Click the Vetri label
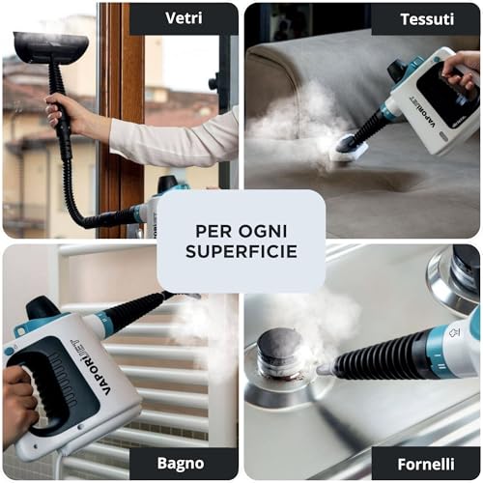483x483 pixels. click(x=184, y=18)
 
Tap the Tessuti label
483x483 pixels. click(x=427, y=19)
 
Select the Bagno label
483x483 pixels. click(x=181, y=464)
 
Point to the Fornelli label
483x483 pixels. click(x=426, y=465)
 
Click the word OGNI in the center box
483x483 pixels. click(x=263, y=231)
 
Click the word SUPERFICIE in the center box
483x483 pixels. click(x=241, y=251)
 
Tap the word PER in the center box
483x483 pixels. click(x=214, y=231)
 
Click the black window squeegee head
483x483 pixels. click(x=51, y=46)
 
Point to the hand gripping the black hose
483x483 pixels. click(x=61, y=111)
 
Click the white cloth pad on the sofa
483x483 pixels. click(x=350, y=150)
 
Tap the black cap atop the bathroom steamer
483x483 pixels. click(x=43, y=307)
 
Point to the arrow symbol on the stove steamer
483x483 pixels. click(x=454, y=332)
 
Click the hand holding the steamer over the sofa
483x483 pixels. click(x=461, y=70)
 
